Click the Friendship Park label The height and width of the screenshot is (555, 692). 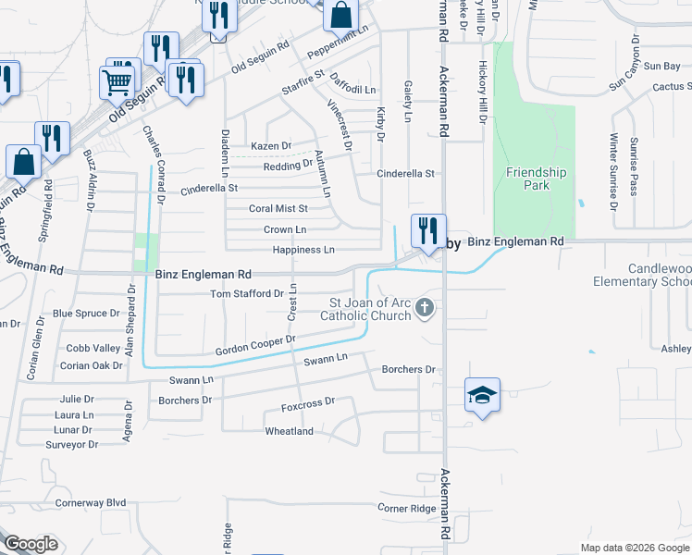536,179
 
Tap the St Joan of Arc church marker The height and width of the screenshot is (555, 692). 425,307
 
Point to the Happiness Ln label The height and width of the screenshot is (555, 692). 303,250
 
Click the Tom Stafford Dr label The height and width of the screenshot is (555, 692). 247,293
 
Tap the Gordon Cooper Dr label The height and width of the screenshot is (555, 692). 254,346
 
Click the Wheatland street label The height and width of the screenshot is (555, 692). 289,431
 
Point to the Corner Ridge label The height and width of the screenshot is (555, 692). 406,509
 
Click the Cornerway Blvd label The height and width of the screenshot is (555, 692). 90,502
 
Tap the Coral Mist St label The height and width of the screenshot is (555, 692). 278,209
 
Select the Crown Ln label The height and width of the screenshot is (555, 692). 284,229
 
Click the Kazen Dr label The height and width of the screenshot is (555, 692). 270,146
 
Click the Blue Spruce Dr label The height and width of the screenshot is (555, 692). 87,314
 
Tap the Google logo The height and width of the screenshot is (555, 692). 31,543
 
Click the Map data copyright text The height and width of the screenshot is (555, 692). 634,548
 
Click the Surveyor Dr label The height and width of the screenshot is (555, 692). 71,445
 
